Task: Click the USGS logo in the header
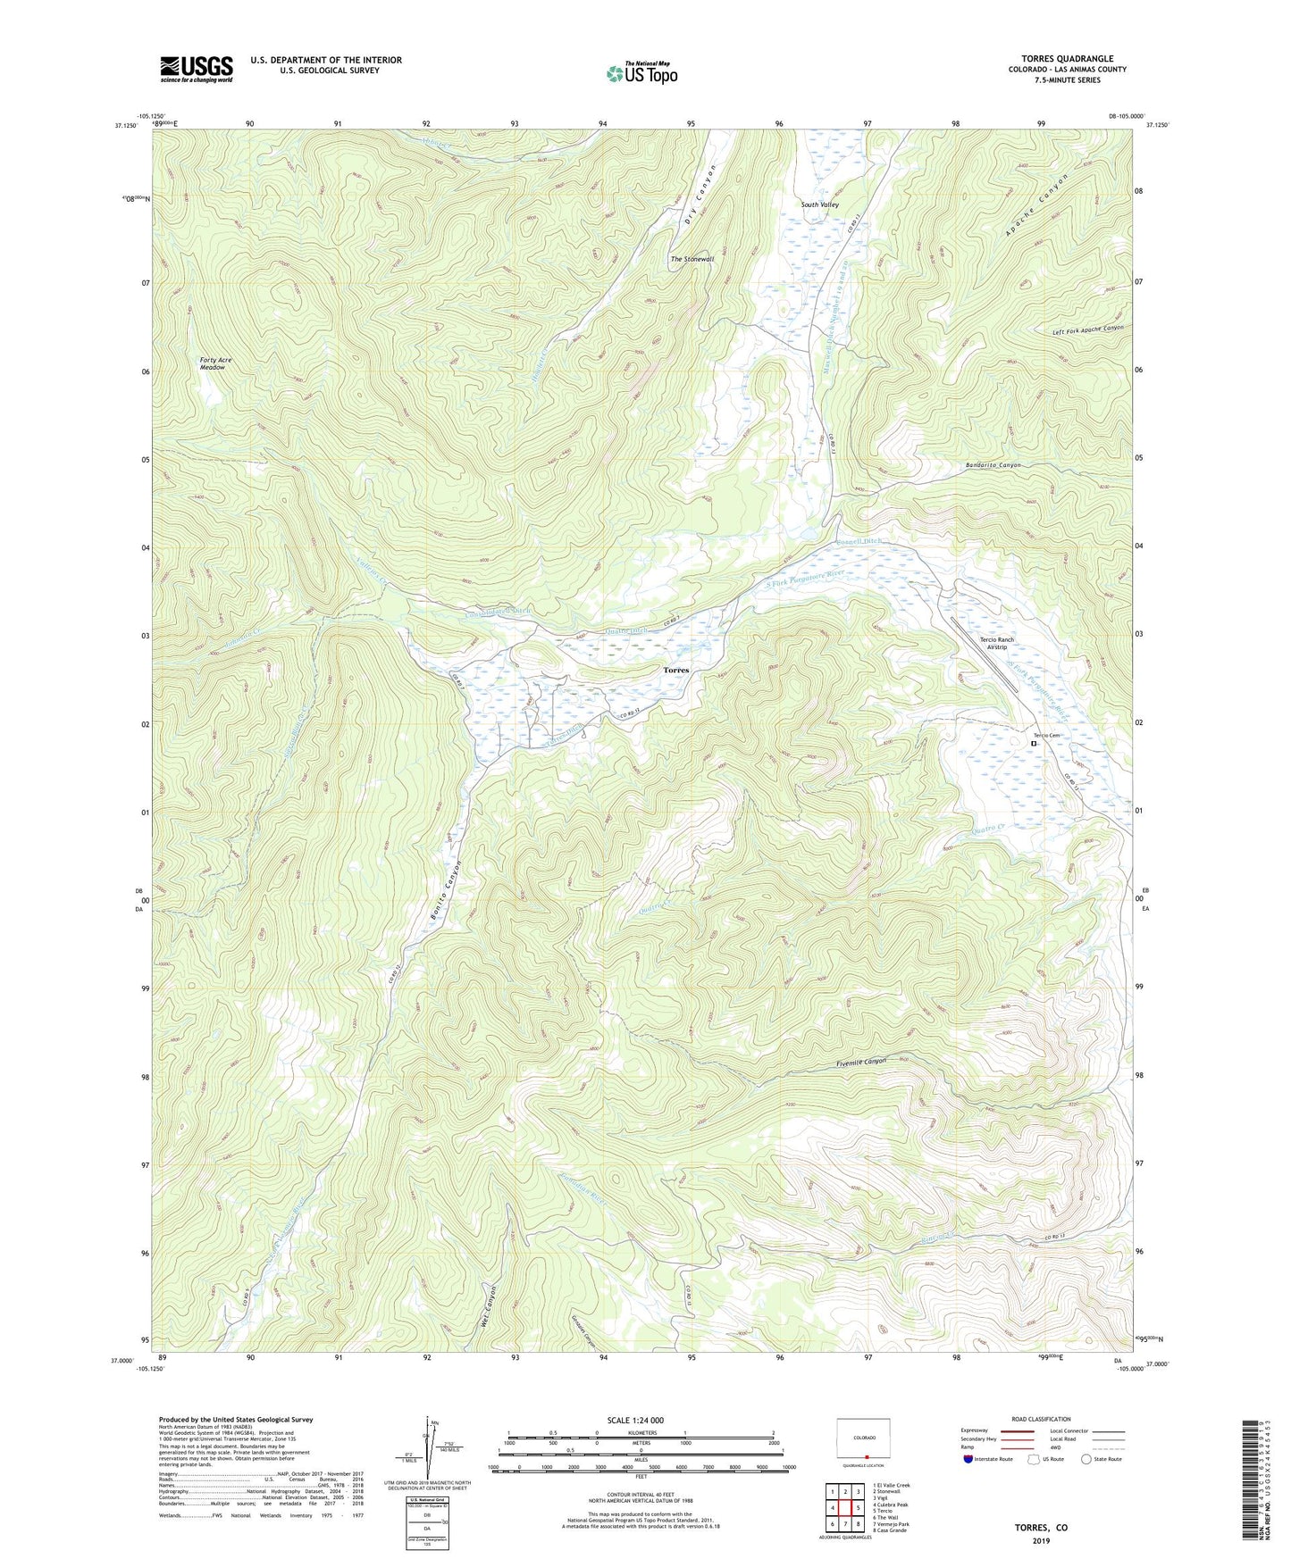[197, 69]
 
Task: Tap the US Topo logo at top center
[641, 73]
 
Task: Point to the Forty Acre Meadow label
[215, 363]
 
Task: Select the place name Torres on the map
[676, 670]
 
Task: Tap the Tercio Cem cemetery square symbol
[1034, 743]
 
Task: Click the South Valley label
[819, 205]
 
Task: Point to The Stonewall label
[692, 259]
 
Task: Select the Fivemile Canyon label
[861, 1062]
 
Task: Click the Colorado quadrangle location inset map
[862, 1441]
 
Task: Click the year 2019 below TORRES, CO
[1040, 1541]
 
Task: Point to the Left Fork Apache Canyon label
[1087, 330]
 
